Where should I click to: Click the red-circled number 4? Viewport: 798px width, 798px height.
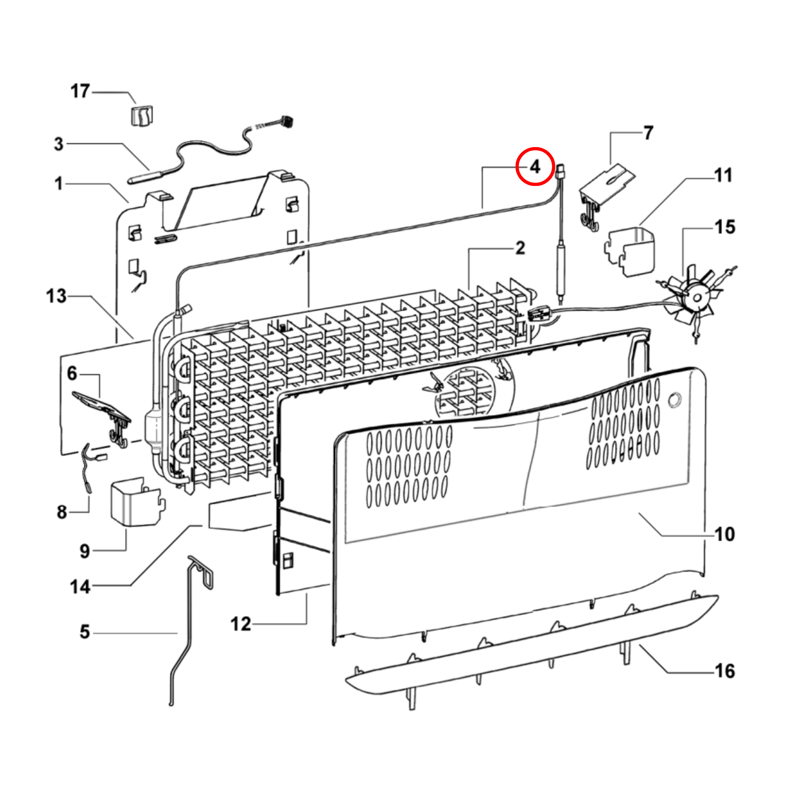point(535,167)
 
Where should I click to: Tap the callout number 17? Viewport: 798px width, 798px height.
point(80,91)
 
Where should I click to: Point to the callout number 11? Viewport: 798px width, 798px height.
point(723,175)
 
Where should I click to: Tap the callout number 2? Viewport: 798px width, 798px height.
point(520,248)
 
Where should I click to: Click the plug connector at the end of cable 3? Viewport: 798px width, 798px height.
point(288,121)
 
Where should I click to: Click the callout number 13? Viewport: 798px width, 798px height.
point(56,296)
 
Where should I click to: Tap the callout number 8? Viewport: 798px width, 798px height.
point(62,512)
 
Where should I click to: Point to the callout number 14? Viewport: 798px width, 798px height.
point(80,587)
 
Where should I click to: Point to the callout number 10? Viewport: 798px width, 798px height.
point(725,535)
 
